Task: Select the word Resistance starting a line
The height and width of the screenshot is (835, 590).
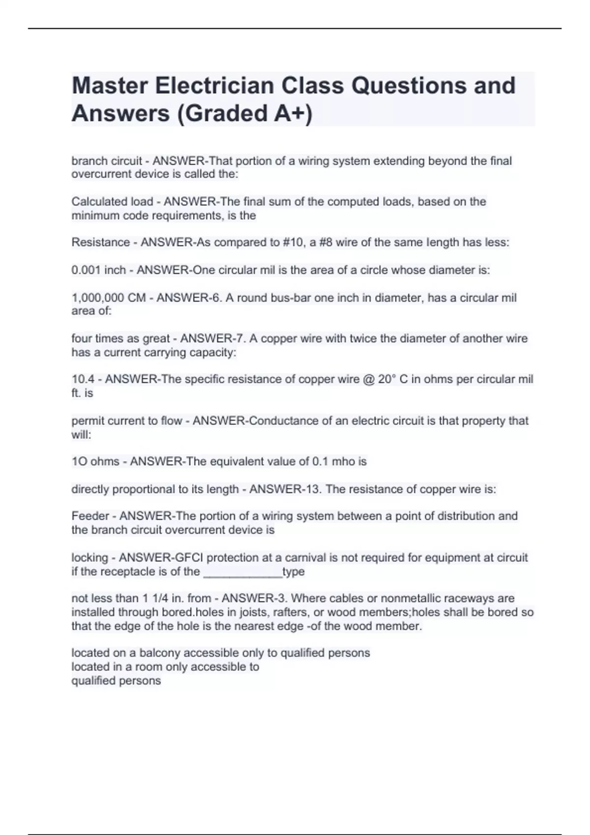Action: tap(101, 242)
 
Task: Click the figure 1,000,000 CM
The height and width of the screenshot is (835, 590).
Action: tap(109, 298)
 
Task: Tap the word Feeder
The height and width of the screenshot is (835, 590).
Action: tap(90, 516)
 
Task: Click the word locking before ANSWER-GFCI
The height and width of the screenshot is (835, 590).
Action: tap(89, 558)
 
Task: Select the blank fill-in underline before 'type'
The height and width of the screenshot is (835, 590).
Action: tap(242, 573)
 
